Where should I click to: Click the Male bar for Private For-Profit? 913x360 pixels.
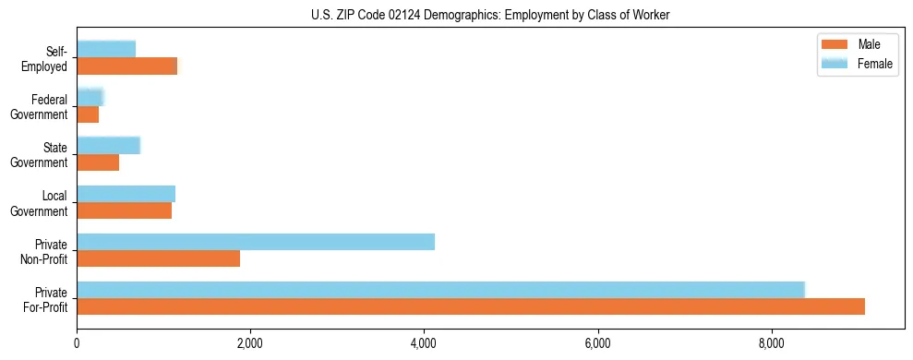coord(471,306)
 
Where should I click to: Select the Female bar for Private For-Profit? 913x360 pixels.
coord(440,290)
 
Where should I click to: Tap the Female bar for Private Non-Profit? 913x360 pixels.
coord(256,242)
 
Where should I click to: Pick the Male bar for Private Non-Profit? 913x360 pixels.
coord(158,258)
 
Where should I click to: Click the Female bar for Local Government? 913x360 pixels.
coord(126,194)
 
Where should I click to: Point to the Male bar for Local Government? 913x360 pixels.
coord(124,210)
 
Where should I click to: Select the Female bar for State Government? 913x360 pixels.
coord(108,145)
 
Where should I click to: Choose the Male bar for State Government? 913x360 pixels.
coord(98,162)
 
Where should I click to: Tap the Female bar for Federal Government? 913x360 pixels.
coord(90,97)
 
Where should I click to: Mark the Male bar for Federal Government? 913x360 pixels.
coord(88,114)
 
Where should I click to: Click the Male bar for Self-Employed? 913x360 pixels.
coord(126,66)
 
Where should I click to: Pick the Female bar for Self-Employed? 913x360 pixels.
coord(106,49)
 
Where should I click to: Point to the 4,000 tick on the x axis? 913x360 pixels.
coord(424,344)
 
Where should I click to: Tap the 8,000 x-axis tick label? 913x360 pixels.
coord(772,344)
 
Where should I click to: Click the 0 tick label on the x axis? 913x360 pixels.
coord(77,344)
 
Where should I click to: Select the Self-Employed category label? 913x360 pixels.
coord(48,58)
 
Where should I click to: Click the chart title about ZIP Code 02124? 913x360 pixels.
coord(490,15)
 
